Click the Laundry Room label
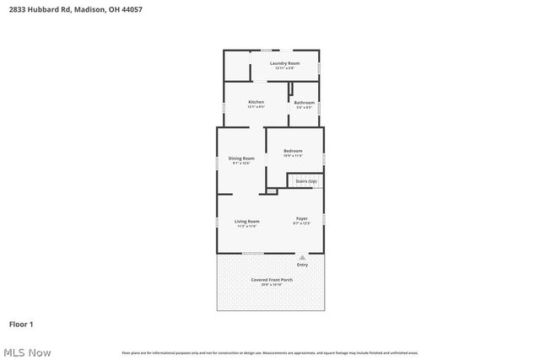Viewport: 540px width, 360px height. [x=284, y=63]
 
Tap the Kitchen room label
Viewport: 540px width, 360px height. [x=256, y=102]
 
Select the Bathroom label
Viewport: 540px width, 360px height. [x=305, y=103]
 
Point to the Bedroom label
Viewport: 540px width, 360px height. [x=293, y=151]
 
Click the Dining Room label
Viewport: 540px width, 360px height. [x=241, y=158]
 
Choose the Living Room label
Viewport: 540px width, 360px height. [x=247, y=221]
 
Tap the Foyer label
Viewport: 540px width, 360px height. [x=302, y=218]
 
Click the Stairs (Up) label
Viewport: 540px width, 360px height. [x=305, y=180]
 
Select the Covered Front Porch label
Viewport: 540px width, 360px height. [x=272, y=280]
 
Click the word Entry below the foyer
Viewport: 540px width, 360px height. [x=302, y=265]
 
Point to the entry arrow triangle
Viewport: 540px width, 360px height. [x=302, y=256]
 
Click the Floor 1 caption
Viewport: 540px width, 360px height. [x=21, y=324]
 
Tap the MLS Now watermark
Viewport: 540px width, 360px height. [x=27, y=352]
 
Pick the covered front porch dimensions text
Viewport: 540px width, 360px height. [x=272, y=285]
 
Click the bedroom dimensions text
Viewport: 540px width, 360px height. [x=293, y=156]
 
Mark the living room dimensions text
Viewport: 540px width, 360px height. [x=247, y=226]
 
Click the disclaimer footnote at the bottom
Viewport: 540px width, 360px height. [x=270, y=352]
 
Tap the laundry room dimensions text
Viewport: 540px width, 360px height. [x=284, y=68]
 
